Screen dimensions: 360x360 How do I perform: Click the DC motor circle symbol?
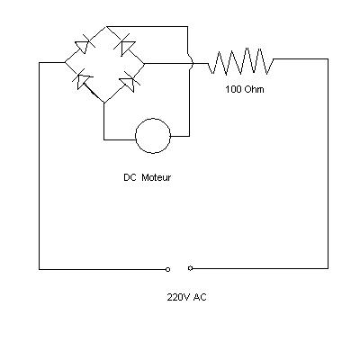point(153,119)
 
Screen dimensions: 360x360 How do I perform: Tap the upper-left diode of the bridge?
point(83,45)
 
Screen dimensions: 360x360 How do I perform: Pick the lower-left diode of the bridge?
point(82,80)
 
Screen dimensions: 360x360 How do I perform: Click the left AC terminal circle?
point(167,269)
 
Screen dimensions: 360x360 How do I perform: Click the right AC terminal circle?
point(190,268)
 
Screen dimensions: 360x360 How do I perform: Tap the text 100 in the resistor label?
point(233,89)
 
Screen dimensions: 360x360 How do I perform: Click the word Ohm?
point(254,89)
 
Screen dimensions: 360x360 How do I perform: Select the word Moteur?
point(156,177)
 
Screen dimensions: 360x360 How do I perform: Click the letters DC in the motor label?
point(130,177)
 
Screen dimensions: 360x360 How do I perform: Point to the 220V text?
point(179,297)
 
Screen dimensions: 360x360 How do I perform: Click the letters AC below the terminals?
point(200,297)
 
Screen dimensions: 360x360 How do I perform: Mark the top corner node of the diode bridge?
point(106,27)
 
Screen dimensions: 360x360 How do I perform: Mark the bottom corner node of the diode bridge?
point(104,103)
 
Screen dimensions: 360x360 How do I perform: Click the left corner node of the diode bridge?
point(65,62)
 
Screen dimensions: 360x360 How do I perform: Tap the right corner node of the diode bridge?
point(145,64)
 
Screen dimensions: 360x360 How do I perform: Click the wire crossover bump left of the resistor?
point(192,63)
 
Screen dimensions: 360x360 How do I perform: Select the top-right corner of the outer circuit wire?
point(328,59)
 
